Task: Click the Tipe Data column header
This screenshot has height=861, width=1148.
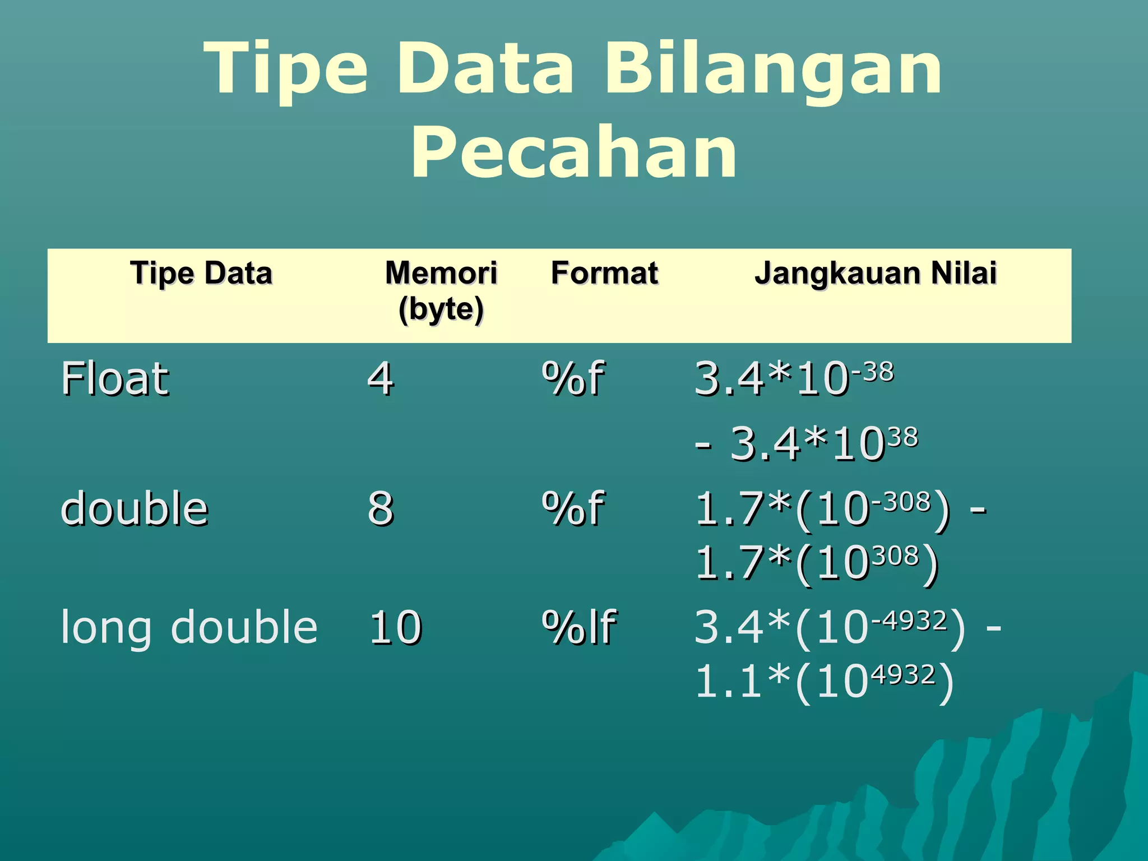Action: pyautogui.click(x=201, y=274)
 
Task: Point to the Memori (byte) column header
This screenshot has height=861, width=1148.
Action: pyautogui.click(x=441, y=291)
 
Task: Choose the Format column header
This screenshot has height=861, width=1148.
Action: pyautogui.click(x=604, y=274)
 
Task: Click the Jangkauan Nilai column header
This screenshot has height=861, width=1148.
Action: pyautogui.click(x=876, y=274)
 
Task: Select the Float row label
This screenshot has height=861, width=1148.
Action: pyautogui.click(x=115, y=379)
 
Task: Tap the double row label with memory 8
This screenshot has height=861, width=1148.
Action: pyautogui.click(x=135, y=508)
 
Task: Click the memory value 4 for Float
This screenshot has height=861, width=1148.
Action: pyautogui.click(x=381, y=379)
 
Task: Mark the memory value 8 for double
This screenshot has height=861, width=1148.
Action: pyautogui.click(x=381, y=508)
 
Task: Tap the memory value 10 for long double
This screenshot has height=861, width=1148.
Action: pyautogui.click(x=395, y=627)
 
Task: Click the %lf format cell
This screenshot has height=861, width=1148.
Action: pyautogui.click(x=579, y=627)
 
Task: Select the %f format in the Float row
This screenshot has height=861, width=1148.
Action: pyautogui.click(x=572, y=379)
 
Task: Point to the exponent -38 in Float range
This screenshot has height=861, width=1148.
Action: pyautogui.click(x=873, y=372)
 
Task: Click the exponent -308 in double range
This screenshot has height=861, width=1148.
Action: pyautogui.click(x=901, y=501)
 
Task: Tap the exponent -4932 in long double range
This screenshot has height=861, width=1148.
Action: pyautogui.click(x=909, y=620)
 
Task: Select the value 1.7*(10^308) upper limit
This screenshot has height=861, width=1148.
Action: pyautogui.click(x=817, y=563)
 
